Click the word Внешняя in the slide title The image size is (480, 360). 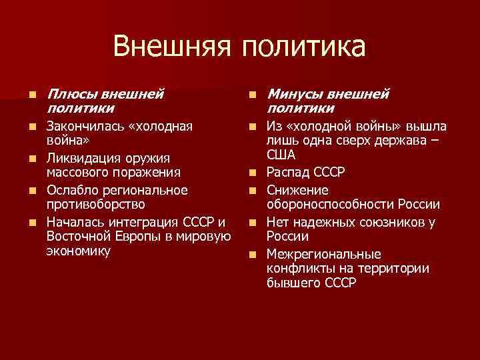coord(173,47)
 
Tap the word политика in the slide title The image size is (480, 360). coord(304,47)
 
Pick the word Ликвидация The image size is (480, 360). coord(80,159)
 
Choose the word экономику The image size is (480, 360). coord(79,251)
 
